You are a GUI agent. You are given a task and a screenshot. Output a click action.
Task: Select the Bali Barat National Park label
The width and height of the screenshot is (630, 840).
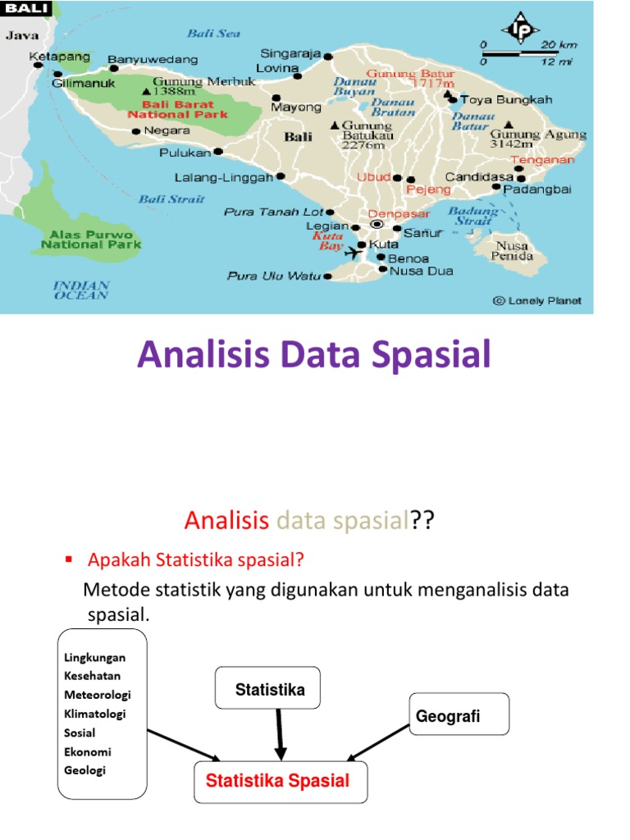point(172,110)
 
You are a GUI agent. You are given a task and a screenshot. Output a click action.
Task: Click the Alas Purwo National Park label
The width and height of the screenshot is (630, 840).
point(91,238)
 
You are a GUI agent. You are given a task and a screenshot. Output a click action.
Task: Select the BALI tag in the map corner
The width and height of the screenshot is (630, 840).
point(27,9)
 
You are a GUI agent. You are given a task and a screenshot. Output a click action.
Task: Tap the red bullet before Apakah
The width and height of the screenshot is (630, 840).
point(69,559)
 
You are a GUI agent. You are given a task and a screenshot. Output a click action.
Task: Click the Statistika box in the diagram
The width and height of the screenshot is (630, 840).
point(270,690)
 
